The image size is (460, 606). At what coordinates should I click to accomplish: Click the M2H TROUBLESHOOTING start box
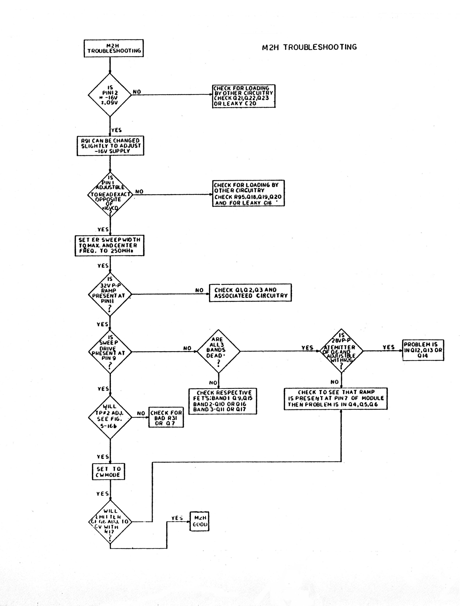tap(114, 48)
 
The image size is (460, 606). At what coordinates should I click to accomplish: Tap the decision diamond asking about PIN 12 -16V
tap(110, 95)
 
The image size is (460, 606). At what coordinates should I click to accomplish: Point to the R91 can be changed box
tap(110, 146)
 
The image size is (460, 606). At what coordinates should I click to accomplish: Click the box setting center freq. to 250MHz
tap(110, 246)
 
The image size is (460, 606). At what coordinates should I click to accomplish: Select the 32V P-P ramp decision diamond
tap(110, 294)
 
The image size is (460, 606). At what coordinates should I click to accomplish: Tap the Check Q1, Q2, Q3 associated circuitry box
tap(250, 293)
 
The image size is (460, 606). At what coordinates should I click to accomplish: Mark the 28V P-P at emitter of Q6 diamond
tap(341, 351)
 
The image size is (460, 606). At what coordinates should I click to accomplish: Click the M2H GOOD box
tap(199, 521)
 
